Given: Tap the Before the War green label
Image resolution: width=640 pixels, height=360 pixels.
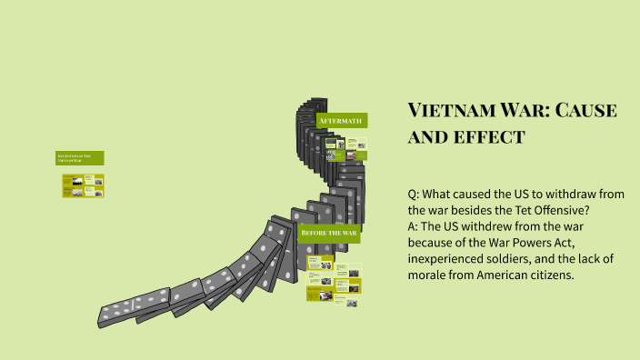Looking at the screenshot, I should [329, 235].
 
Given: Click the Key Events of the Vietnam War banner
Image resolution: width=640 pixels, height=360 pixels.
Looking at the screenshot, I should [80, 158].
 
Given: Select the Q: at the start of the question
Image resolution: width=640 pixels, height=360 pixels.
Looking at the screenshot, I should [415, 194].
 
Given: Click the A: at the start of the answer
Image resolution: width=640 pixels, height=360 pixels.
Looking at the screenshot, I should [415, 226].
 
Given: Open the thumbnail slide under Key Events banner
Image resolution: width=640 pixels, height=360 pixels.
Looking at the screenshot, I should [83, 185].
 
